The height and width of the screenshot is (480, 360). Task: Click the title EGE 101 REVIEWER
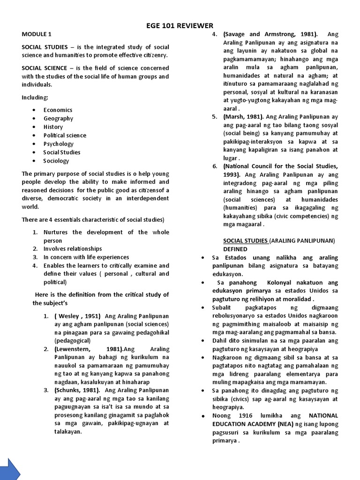click(x=180, y=25)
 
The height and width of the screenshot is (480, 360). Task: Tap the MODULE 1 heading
click(x=37, y=34)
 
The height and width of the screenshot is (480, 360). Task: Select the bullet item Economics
click(x=58, y=110)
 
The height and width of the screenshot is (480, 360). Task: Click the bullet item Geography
click(x=59, y=118)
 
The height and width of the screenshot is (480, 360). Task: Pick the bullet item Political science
click(x=65, y=135)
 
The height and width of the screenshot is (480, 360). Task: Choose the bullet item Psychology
click(x=59, y=144)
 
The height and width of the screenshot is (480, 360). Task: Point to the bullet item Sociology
click(x=56, y=161)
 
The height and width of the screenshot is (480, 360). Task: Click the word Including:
click(x=35, y=97)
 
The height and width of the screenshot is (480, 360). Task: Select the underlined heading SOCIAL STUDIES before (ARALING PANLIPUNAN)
click(x=245, y=240)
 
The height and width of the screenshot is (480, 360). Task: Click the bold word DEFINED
click(x=235, y=249)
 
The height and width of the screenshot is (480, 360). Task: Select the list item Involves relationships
click(x=73, y=248)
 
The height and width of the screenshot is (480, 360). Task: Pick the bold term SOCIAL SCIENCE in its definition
click(x=45, y=68)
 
